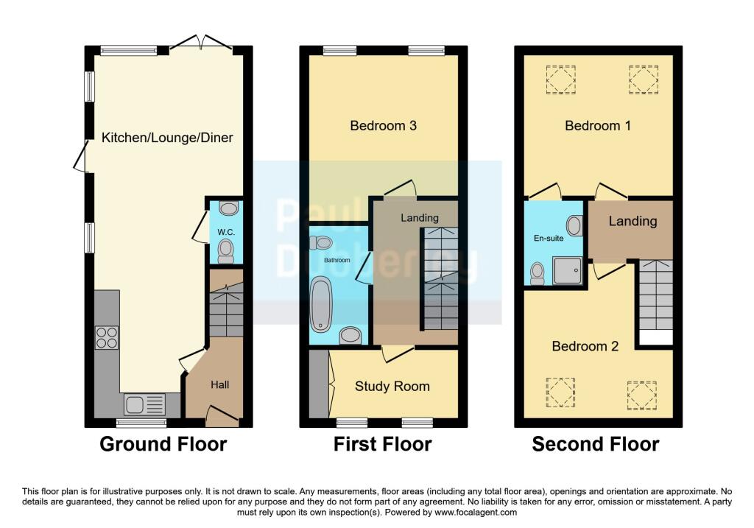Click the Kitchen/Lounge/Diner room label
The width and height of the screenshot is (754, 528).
[167, 138]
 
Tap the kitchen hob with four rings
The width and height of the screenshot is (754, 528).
[107, 337]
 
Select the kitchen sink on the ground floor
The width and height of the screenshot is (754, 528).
[144, 404]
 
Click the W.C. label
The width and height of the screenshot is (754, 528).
[225, 232]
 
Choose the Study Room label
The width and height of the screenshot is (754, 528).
[392, 386]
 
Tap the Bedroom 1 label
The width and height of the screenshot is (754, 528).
[597, 126]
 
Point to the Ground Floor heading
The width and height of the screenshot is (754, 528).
[163, 444]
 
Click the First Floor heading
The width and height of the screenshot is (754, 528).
[382, 444]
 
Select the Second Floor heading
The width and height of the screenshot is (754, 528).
[595, 444]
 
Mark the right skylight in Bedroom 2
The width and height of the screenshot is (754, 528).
[641, 395]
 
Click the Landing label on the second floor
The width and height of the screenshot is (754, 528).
[633, 221]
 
